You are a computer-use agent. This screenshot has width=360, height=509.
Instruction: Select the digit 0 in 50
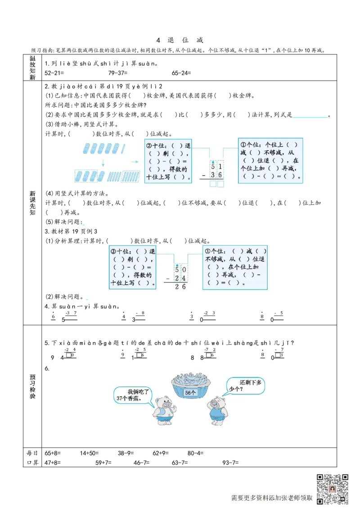coord(184,270)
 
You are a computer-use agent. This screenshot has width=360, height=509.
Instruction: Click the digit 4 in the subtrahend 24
coord(184,278)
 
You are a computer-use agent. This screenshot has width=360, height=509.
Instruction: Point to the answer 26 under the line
coord(180,286)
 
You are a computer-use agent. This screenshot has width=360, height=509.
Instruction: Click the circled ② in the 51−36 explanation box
coord(149,146)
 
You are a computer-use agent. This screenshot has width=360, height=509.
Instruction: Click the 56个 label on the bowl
coord(191,393)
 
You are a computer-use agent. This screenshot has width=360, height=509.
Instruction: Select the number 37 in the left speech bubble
coord(119,398)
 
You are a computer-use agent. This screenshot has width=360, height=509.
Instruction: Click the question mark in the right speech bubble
coord(241,389)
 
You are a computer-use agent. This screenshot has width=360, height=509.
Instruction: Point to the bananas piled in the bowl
coord(191,378)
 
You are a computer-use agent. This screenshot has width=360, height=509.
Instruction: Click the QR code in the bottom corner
coord(333,488)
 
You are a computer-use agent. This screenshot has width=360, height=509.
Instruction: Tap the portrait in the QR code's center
coord(333,488)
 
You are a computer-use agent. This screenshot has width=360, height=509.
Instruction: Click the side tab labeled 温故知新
coord(33,68)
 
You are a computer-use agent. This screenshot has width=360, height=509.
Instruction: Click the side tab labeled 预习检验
coord(33,387)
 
